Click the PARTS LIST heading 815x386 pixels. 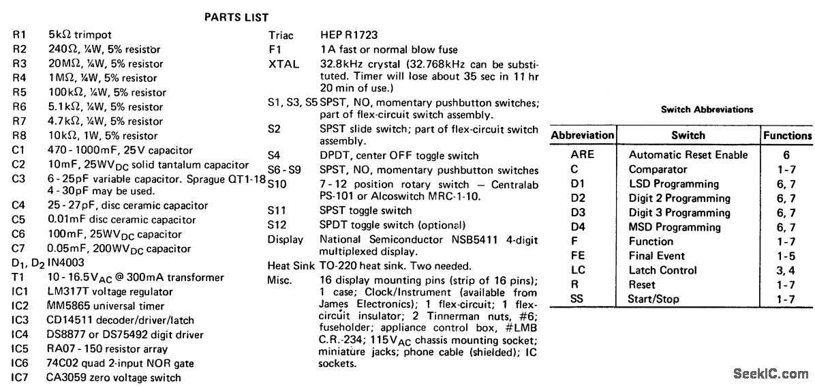point(236,17)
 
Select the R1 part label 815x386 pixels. point(19,34)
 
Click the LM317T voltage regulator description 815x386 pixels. point(101,292)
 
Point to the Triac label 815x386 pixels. point(281,35)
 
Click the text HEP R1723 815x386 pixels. point(349,35)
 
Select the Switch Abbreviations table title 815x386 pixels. point(707,110)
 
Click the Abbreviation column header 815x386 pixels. point(583,135)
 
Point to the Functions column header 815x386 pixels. point(787,135)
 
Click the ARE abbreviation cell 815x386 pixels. point(582,155)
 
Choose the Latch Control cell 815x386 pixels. point(662,270)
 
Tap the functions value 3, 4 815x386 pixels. point(786,270)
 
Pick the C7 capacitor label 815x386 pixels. point(18,248)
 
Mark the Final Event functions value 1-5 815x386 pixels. point(786,256)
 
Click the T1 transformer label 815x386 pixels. point(18,277)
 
